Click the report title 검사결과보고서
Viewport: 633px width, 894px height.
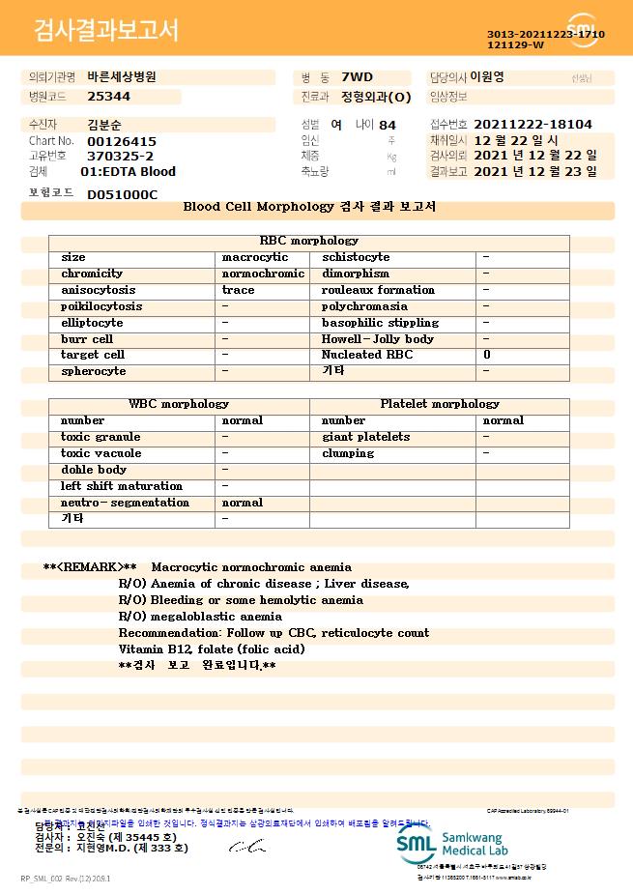(106, 32)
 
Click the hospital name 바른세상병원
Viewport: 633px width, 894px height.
(122, 76)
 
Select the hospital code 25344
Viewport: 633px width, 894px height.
(108, 97)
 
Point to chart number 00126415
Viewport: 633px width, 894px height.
(121, 141)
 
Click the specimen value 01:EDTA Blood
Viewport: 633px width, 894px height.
(128, 172)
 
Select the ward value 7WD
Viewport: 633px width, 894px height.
(357, 76)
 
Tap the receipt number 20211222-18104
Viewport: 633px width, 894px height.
(533, 125)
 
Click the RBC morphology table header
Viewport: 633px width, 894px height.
(309, 241)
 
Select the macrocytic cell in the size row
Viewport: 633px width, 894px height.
(255, 257)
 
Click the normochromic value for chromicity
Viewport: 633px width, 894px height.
(263, 274)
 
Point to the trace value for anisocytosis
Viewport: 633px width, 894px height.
(238, 290)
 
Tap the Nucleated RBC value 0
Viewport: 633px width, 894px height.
(486, 355)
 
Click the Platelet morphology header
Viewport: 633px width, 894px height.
(440, 404)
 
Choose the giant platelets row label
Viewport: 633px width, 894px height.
(365, 437)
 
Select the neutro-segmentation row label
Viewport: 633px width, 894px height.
(125, 503)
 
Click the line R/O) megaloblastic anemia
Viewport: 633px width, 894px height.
(200, 617)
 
